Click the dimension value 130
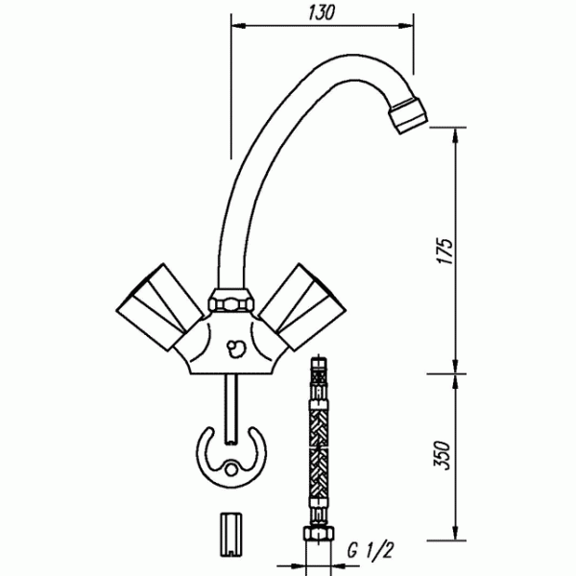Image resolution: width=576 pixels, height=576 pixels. point(323,12)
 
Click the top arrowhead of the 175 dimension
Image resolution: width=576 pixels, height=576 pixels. point(455,133)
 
